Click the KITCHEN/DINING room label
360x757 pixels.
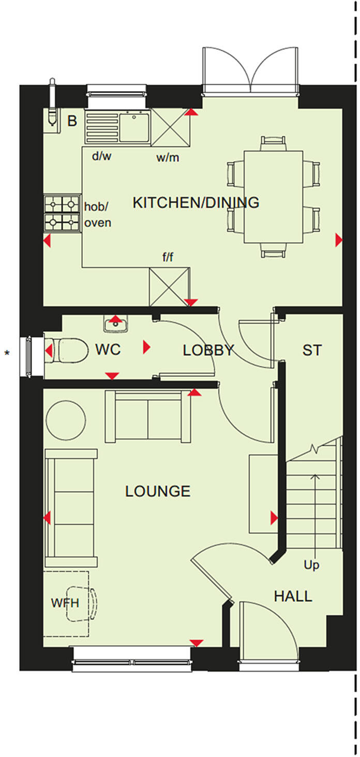pos(196,202)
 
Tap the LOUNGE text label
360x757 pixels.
pos(158,491)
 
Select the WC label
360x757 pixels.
pos(108,350)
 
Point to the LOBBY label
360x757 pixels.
pos(208,350)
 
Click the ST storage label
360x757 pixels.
pos(312,350)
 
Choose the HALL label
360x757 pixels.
pos(293,596)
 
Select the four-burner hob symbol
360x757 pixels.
pos(62,213)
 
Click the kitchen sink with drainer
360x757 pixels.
pos(117,127)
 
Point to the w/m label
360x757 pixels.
pos(168,158)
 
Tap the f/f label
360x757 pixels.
pos(168,257)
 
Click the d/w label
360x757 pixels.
pos(101,157)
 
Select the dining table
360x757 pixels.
pos(274,196)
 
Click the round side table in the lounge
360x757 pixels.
pos(66,420)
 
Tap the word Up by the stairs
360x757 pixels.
pos(311,565)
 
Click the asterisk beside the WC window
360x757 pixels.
pos(7,354)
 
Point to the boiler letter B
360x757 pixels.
pos(72,122)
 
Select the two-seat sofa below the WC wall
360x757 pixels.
pos(148,417)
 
